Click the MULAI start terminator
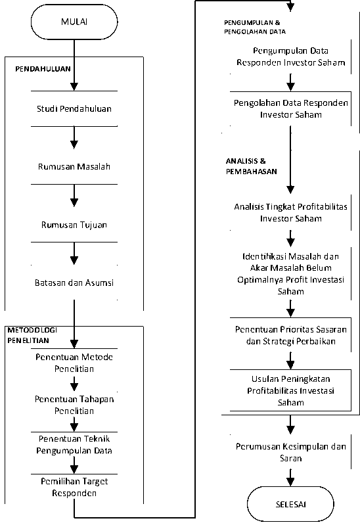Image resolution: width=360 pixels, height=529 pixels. coord(74,22)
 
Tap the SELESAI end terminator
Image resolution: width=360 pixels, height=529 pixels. coord(290,504)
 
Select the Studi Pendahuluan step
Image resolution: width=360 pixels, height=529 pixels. coord(74,108)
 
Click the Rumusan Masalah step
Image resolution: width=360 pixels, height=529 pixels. coord(74,167)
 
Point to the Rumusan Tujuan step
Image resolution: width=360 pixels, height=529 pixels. coord(74,225)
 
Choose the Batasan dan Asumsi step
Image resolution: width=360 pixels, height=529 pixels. coord(74,283)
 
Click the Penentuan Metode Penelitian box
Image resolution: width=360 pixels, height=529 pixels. coord(74,363)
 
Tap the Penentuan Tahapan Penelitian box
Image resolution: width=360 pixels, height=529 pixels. coord(74,405)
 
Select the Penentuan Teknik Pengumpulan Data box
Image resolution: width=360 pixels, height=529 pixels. coord(74,445)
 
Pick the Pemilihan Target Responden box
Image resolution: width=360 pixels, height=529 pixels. coord(74,487)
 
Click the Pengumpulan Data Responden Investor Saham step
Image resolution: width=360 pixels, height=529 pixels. coord(290,57)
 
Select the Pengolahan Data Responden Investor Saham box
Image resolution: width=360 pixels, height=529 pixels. coord(290,108)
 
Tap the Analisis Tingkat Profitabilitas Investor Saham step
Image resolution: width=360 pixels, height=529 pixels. coord(290,212)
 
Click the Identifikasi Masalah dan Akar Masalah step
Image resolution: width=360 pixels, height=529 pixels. coord(290,273)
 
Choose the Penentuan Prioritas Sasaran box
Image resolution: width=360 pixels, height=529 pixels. coord(290,335)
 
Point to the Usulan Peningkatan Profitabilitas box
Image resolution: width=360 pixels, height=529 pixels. coord(290,390)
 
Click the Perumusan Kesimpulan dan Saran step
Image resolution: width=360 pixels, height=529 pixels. coord(290,452)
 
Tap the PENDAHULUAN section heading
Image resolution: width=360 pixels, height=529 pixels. coord(43,69)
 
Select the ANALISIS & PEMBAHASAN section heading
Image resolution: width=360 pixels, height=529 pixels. coord(252,166)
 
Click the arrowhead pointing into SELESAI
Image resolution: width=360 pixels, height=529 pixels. coord(290,482)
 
